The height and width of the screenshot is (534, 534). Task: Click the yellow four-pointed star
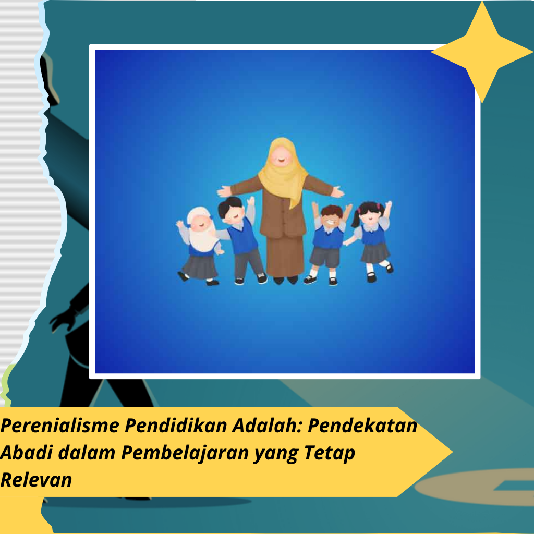tap(482, 52)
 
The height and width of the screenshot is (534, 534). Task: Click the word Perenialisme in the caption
tap(60, 426)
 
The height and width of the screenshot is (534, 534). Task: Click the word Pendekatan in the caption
tap(362, 426)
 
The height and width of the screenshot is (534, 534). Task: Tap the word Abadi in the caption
tap(26, 453)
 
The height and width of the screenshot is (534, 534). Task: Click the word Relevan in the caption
tap(36, 480)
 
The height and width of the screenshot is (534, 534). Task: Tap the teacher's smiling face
tap(281, 156)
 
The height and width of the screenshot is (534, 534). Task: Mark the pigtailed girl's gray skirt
tap(375, 253)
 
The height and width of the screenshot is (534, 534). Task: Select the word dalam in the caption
tap(87, 453)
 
